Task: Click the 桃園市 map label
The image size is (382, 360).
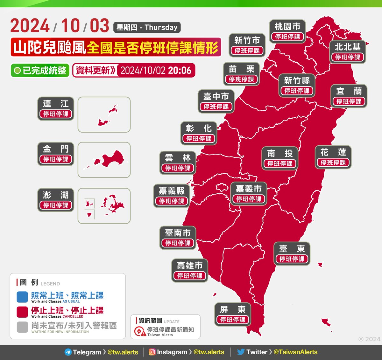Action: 287,31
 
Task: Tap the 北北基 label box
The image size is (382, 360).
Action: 348,52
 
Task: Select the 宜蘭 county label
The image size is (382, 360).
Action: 349,96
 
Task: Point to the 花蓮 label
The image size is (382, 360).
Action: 333,157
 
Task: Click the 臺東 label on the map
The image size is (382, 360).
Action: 292,253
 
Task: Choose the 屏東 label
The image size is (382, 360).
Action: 233,314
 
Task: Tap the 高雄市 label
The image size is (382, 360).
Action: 190,270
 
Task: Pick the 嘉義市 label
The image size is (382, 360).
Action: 249,194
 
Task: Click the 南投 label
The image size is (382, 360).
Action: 280,158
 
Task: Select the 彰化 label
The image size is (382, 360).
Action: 199,133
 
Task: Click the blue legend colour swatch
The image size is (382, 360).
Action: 22,297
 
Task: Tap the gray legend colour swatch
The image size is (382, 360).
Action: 22,327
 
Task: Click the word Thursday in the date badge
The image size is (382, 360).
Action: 161,27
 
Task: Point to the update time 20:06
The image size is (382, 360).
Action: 180,70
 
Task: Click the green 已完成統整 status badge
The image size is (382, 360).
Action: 40,70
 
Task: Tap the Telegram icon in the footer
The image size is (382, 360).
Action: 68,352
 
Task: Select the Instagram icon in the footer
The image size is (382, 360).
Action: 152,352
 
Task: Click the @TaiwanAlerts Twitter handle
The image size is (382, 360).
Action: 295,352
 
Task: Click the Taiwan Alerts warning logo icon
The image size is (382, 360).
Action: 140,331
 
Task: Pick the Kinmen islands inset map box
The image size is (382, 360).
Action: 104,160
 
